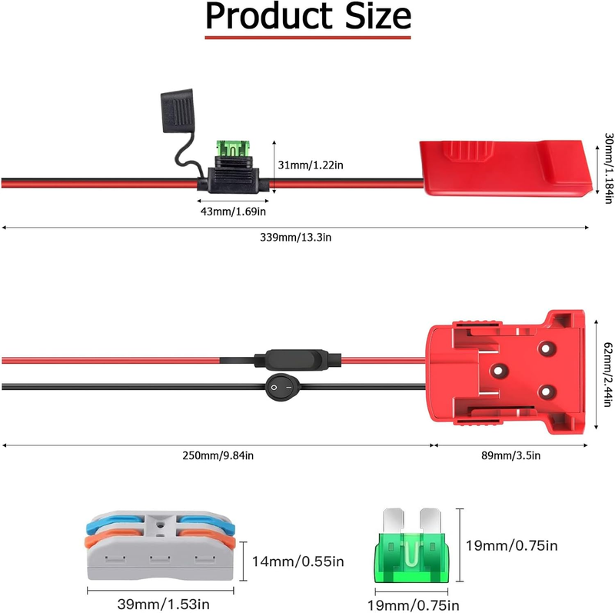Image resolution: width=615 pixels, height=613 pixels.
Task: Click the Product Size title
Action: pos(307,17)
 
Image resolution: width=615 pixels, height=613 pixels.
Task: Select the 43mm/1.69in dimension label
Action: pos(228,211)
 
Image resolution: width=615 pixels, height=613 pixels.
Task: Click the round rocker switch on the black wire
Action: pos(281,388)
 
